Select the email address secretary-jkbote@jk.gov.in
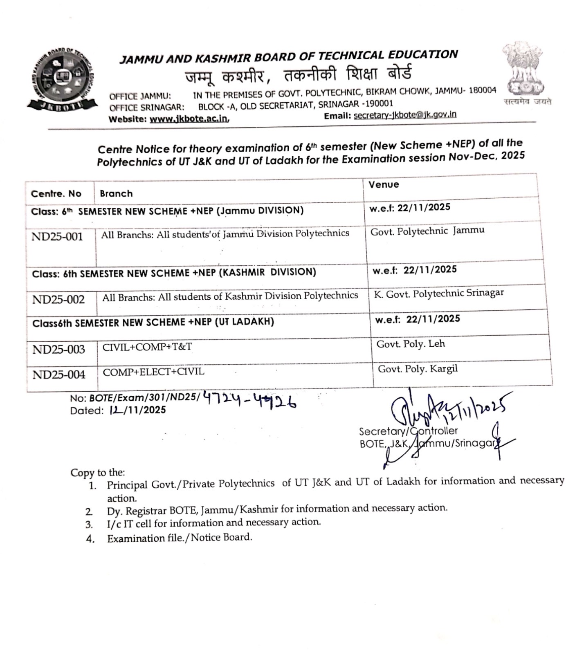pos(405,115)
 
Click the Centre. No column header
pos(56,194)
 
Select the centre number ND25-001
pos(57,237)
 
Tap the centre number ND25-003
pos(59,350)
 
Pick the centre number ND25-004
pos(59,375)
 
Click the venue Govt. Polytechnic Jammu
pos(427,231)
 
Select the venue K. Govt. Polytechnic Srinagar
pos(438,294)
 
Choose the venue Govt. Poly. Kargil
pos(418,369)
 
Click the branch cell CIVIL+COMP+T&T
pos(147,347)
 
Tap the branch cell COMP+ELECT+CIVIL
pos(153,372)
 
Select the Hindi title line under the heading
pos(298,75)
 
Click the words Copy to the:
pos(98,473)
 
